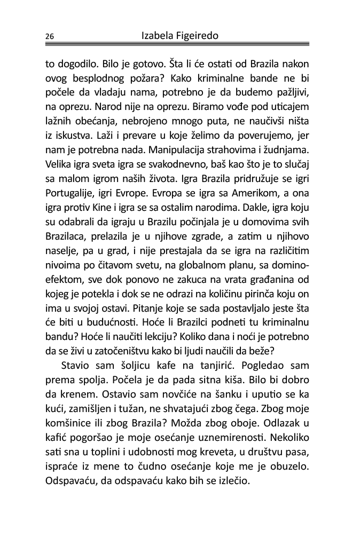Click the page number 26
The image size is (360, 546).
pyautogui.click(x=49, y=37)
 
